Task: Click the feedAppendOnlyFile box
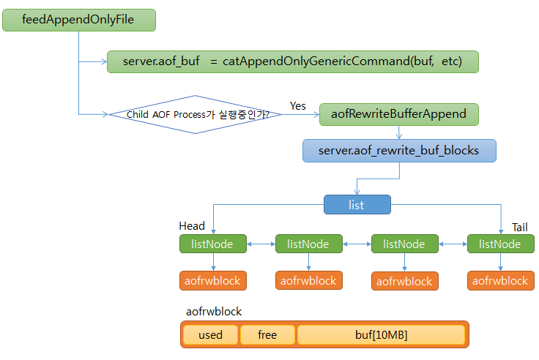point(79,20)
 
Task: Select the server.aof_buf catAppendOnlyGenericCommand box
point(292,62)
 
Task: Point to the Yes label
point(298,106)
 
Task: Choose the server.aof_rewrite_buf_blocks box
point(398,151)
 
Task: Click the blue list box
point(357,204)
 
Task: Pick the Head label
point(192,226)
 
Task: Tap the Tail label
point(519,228)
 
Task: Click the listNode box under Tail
point(500,244)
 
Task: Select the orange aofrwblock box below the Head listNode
point(210,280)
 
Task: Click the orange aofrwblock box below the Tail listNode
point(500,280)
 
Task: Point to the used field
point(210,335)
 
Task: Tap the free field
point(267,335)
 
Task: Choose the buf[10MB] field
point(381,335)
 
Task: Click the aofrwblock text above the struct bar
point(214,312)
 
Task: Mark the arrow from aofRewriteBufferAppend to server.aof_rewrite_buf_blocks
point(398,132)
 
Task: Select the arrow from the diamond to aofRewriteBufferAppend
point(300,114)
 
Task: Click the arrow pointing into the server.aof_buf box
point(93,62)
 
